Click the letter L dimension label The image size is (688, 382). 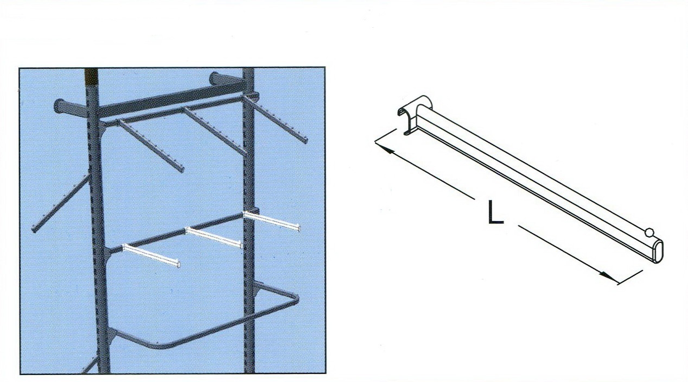tap(496, 212)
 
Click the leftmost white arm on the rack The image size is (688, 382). tap(151, 255)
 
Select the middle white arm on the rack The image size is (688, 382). tap(214, 237)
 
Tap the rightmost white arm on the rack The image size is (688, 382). tap(271, 221)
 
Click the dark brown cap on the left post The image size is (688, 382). tap(91, 77)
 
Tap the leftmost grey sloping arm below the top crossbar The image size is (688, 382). tap(150, 146)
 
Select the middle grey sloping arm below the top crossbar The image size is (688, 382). tap(215, 131)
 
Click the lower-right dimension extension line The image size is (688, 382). tap(630, 278)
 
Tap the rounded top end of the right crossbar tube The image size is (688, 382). tap(215, 78)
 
